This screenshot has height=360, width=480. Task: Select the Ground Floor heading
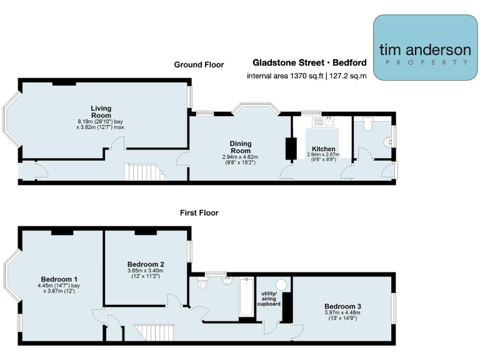click(x=199, y=64)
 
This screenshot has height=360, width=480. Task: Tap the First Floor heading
click(x=199, y=213)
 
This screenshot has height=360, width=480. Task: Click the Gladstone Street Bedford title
click(x=309, y=63)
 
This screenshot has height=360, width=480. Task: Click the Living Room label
click(x=101, y=112)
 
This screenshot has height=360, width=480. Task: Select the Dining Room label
click(x=241, y=147)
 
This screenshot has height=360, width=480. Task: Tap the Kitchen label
click(x=322, y=148)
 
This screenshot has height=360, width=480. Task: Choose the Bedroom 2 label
click(x=146, y=264)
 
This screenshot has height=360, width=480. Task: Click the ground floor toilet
click(x=367, y=123)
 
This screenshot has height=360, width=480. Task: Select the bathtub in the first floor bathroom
click(x=246, y=298)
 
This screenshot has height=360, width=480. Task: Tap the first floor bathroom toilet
click(x=202, y=284)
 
